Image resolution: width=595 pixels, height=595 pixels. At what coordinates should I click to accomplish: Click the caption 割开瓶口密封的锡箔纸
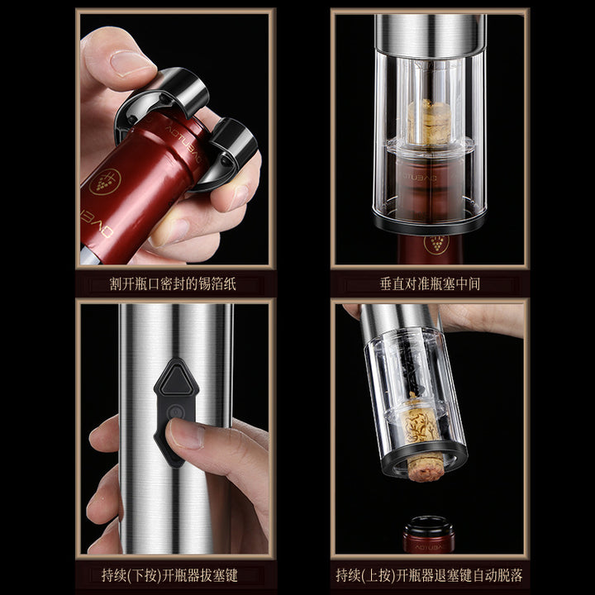[173, 283]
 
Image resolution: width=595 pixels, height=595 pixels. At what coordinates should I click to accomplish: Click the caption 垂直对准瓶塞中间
[430, 283]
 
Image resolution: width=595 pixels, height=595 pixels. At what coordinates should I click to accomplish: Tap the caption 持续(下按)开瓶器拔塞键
[169, 576]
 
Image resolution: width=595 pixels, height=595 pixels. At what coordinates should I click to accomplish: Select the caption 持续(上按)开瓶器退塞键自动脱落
[429, 576]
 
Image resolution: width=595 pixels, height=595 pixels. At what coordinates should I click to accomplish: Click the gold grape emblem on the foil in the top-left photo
[105, 182]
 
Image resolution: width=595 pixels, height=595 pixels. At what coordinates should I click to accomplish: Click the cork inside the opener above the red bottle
[429, 122]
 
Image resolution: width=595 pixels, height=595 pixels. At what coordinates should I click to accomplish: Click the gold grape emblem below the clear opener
[436, 245]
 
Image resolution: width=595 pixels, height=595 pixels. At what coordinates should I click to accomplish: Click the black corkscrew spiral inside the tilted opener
[412, 374]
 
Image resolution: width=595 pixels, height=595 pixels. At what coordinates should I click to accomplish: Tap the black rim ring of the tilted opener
[425, 460]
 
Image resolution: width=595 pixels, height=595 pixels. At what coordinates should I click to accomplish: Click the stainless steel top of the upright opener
[431, 35]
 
